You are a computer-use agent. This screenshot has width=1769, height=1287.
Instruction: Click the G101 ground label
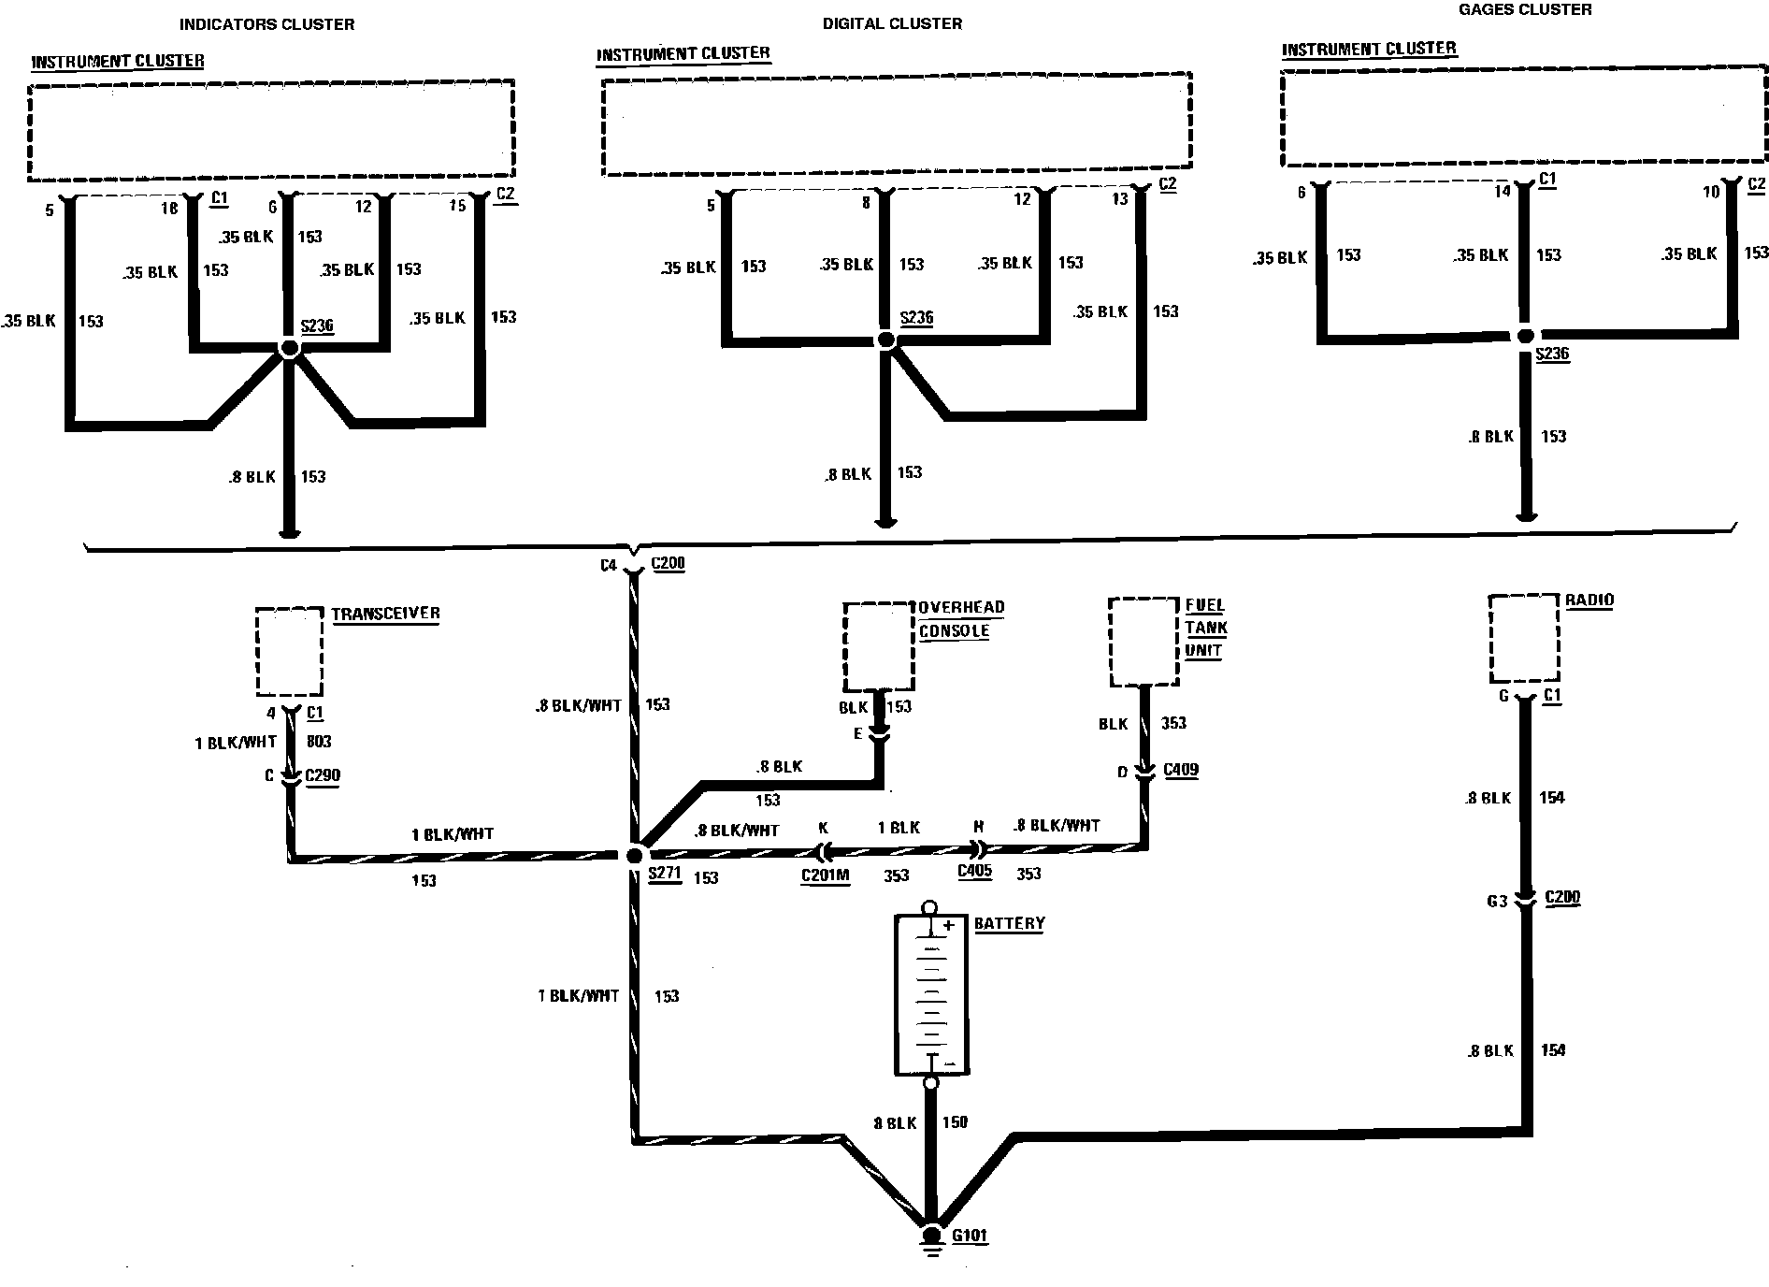point(970,1236)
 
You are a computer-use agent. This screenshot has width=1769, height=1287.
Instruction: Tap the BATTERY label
point(1009,923)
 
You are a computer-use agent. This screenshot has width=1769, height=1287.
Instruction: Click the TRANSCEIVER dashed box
point(290,651)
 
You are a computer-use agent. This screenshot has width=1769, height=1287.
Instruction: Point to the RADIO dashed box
point(1524,638)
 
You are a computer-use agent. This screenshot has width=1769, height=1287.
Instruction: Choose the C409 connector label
point(1181,770)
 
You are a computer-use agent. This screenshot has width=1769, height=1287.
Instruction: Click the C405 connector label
point(974,872)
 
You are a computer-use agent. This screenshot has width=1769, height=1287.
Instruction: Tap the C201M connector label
point(825,876)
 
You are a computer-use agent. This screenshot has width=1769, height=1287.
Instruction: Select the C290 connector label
point(323,775)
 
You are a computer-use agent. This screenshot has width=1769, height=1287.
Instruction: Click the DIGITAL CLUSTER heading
point(892,23)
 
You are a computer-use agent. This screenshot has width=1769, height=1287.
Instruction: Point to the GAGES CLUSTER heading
point(1525,9)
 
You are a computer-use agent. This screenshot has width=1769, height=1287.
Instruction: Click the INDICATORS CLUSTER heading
point(266,23)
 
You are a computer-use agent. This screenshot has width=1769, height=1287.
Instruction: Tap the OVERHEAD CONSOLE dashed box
point(878,647)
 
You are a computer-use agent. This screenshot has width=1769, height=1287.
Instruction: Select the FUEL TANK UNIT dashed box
point(1143,642)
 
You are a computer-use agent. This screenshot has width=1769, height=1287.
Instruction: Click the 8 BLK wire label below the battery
point(895,1122)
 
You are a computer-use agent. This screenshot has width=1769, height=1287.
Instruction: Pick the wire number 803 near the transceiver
point(319,742)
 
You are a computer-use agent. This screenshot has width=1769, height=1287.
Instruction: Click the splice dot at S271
point(635,855)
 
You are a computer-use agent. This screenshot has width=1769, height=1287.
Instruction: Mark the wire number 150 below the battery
point(955,1122)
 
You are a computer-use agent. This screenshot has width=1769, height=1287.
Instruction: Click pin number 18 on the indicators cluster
point(169,208)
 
